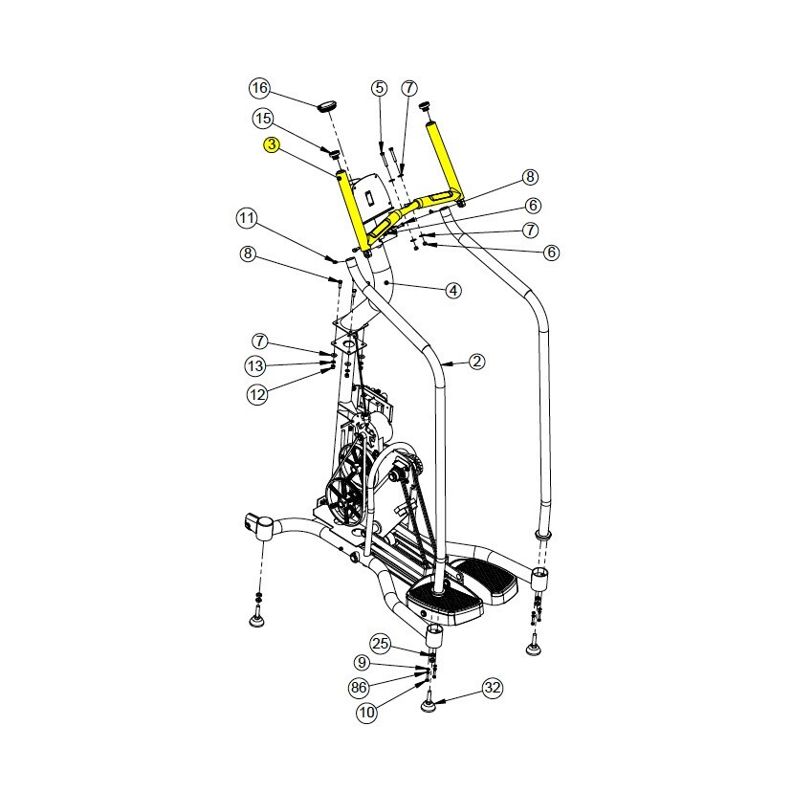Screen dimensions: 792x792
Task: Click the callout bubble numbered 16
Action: tap(260, 88)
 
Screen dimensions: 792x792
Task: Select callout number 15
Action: tap(263, 119)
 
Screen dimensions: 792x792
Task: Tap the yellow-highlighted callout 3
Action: tap(272, 144)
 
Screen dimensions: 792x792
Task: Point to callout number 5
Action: tap(380, 88)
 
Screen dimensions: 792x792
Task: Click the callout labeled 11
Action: tap(248, 218)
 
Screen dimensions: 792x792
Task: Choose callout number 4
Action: tap(452, 289)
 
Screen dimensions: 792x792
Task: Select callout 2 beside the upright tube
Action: tap(476, 362)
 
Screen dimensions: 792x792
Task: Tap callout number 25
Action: tap(381, 643)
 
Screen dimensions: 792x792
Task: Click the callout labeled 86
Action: tap(360, 687)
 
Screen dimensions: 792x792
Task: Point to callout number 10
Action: tap(367, 712)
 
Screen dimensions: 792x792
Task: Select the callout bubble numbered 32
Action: tap(493, 687)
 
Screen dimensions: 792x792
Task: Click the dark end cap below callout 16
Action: tap(329, 105)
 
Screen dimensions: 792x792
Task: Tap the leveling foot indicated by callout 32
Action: tap(430, 706)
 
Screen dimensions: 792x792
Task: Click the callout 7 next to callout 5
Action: tap(409, 88)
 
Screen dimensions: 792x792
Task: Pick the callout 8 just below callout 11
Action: tap(248, 253)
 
